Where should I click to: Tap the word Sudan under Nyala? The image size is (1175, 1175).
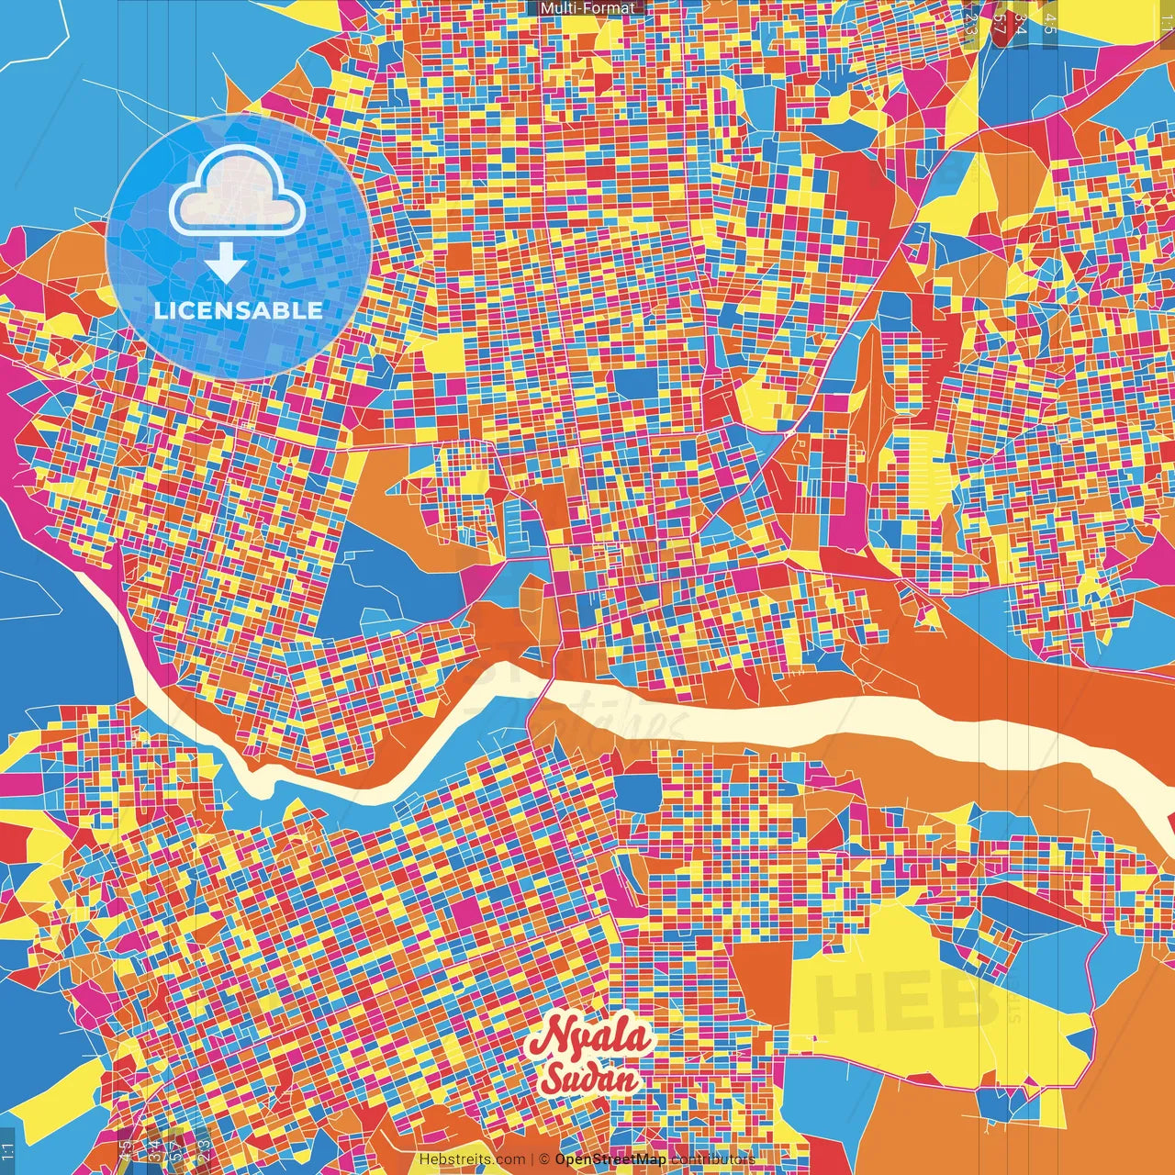(x=590, y=1078)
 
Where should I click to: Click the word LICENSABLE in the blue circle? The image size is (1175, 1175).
(x=239, y=310)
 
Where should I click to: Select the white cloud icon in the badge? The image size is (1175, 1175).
(x=238, y=191)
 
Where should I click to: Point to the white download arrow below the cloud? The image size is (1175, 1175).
(x=226, y=263)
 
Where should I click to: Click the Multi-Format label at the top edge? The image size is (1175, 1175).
(x=587, y=8)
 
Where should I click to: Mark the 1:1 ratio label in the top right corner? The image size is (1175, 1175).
(x=1166, y=20)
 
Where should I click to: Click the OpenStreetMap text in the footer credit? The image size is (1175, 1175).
(x=610, y=1159)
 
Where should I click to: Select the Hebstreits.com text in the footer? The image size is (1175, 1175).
(x=472, y=1159)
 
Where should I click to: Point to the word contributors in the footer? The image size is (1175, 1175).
(x=712, y=1159)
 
